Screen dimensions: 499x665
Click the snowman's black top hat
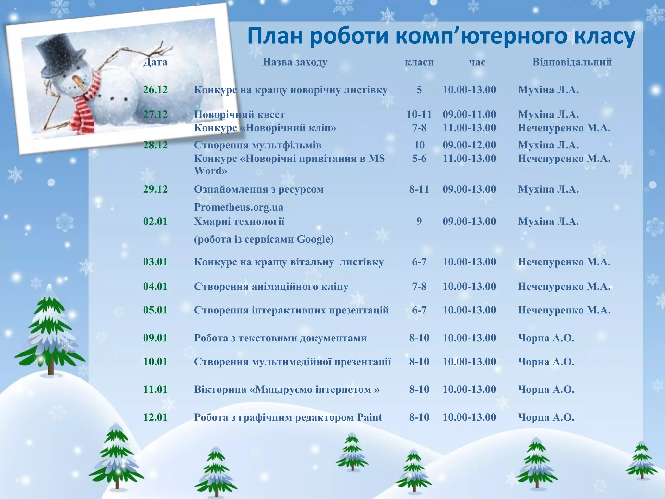click(60, 55)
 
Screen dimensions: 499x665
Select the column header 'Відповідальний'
click(572, 62)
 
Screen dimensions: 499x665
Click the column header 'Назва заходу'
click(295, 62)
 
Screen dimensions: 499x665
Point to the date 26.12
click(155, 90)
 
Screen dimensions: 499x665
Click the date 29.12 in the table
click(155, 189)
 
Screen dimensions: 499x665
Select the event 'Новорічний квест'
click(239, 114)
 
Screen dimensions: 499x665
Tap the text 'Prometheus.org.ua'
click(239, 207)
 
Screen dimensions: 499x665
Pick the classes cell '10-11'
click(419, 114)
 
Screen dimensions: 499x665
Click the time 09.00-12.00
click(469, 145)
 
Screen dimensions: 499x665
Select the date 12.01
click(155, 417)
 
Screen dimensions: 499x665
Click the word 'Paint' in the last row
click(370, 417)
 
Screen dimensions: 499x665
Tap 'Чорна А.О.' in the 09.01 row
click(546, 338)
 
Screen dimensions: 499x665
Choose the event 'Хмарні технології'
click(239, 222)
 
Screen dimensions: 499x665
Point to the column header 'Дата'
click(155, 62)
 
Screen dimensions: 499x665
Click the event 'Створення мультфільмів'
click(257, 145)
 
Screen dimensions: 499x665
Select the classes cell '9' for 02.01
click(419, 222)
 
